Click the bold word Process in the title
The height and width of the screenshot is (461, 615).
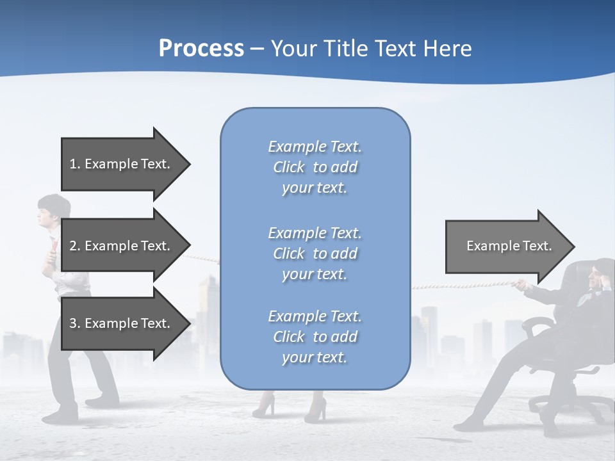[201, 49]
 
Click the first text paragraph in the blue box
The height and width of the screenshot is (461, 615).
[315, 167]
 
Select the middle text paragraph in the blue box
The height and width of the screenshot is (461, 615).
[315, 254]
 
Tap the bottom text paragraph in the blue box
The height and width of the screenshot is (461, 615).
[315, 337]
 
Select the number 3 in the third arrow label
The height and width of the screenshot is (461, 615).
[73, 323]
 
